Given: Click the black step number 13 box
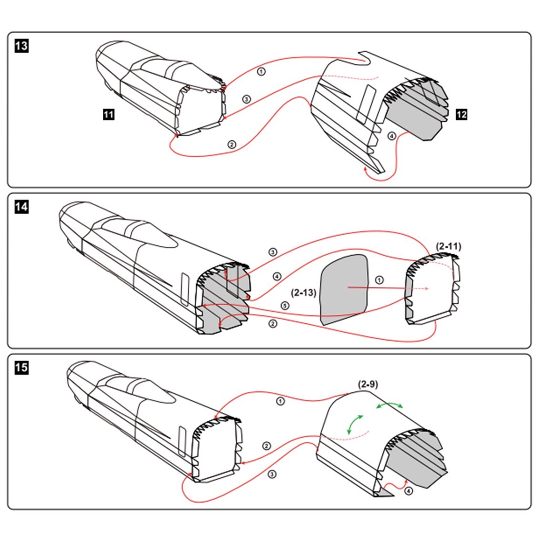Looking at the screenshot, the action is (x=21, y=46).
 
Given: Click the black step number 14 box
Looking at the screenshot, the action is (x=21, y=207).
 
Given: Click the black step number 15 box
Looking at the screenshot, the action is (x=21, y=368).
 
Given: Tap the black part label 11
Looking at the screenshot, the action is (x=109, y=114).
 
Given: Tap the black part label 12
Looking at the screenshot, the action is (x=461, y=114).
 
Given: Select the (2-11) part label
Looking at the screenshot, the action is (x=448, y=246).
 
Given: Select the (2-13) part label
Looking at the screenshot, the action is (x=303, y=293).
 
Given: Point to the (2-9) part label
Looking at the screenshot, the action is (x=368, y=384).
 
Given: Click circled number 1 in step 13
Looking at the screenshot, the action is (x=262, y=72).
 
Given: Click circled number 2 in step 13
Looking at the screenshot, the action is (x=232, y=144).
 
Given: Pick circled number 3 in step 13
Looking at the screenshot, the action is (x=247, y=99).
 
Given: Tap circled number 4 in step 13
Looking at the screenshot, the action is (x=392, y=136).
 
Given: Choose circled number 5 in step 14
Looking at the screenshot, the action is (x=285, y=305).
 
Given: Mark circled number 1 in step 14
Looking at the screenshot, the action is (x=379, y=280).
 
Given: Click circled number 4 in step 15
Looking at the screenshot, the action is (x=408, y=491).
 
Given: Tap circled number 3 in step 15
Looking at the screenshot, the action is (x=272, y=475).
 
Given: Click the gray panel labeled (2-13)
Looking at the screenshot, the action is (x=344, y=290).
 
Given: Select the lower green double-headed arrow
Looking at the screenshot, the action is (x=354, y=423).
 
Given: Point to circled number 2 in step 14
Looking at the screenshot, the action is (x=273, y=323).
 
